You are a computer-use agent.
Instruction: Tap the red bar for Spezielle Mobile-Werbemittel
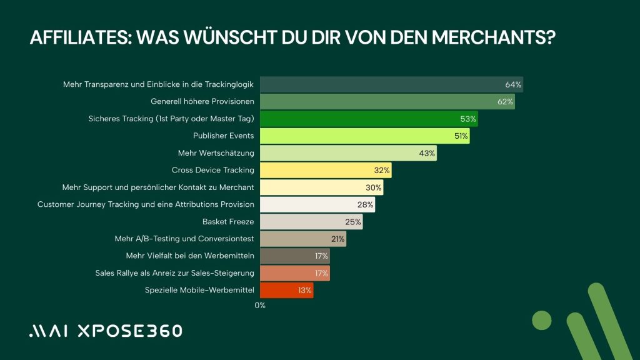[286, 290]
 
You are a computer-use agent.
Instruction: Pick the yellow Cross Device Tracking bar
[326, 170]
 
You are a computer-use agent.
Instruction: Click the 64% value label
[514, 84]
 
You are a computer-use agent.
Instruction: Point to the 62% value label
[506, 101]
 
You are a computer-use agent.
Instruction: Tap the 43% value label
[427, 153]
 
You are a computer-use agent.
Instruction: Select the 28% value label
[366, 204]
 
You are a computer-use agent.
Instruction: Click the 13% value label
[304, 290]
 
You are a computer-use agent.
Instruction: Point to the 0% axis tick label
[260, 305]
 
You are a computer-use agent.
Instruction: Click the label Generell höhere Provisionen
[202, 101]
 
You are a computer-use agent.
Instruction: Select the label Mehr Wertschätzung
[216, 153]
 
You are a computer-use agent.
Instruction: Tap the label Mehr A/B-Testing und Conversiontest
[184, 239]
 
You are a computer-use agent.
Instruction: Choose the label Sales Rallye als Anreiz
[174, 273]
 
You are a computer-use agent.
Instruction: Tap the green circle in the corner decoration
[542, 320]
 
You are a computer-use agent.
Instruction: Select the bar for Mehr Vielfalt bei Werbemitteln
[294, 256]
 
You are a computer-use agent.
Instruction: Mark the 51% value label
[461, 136]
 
